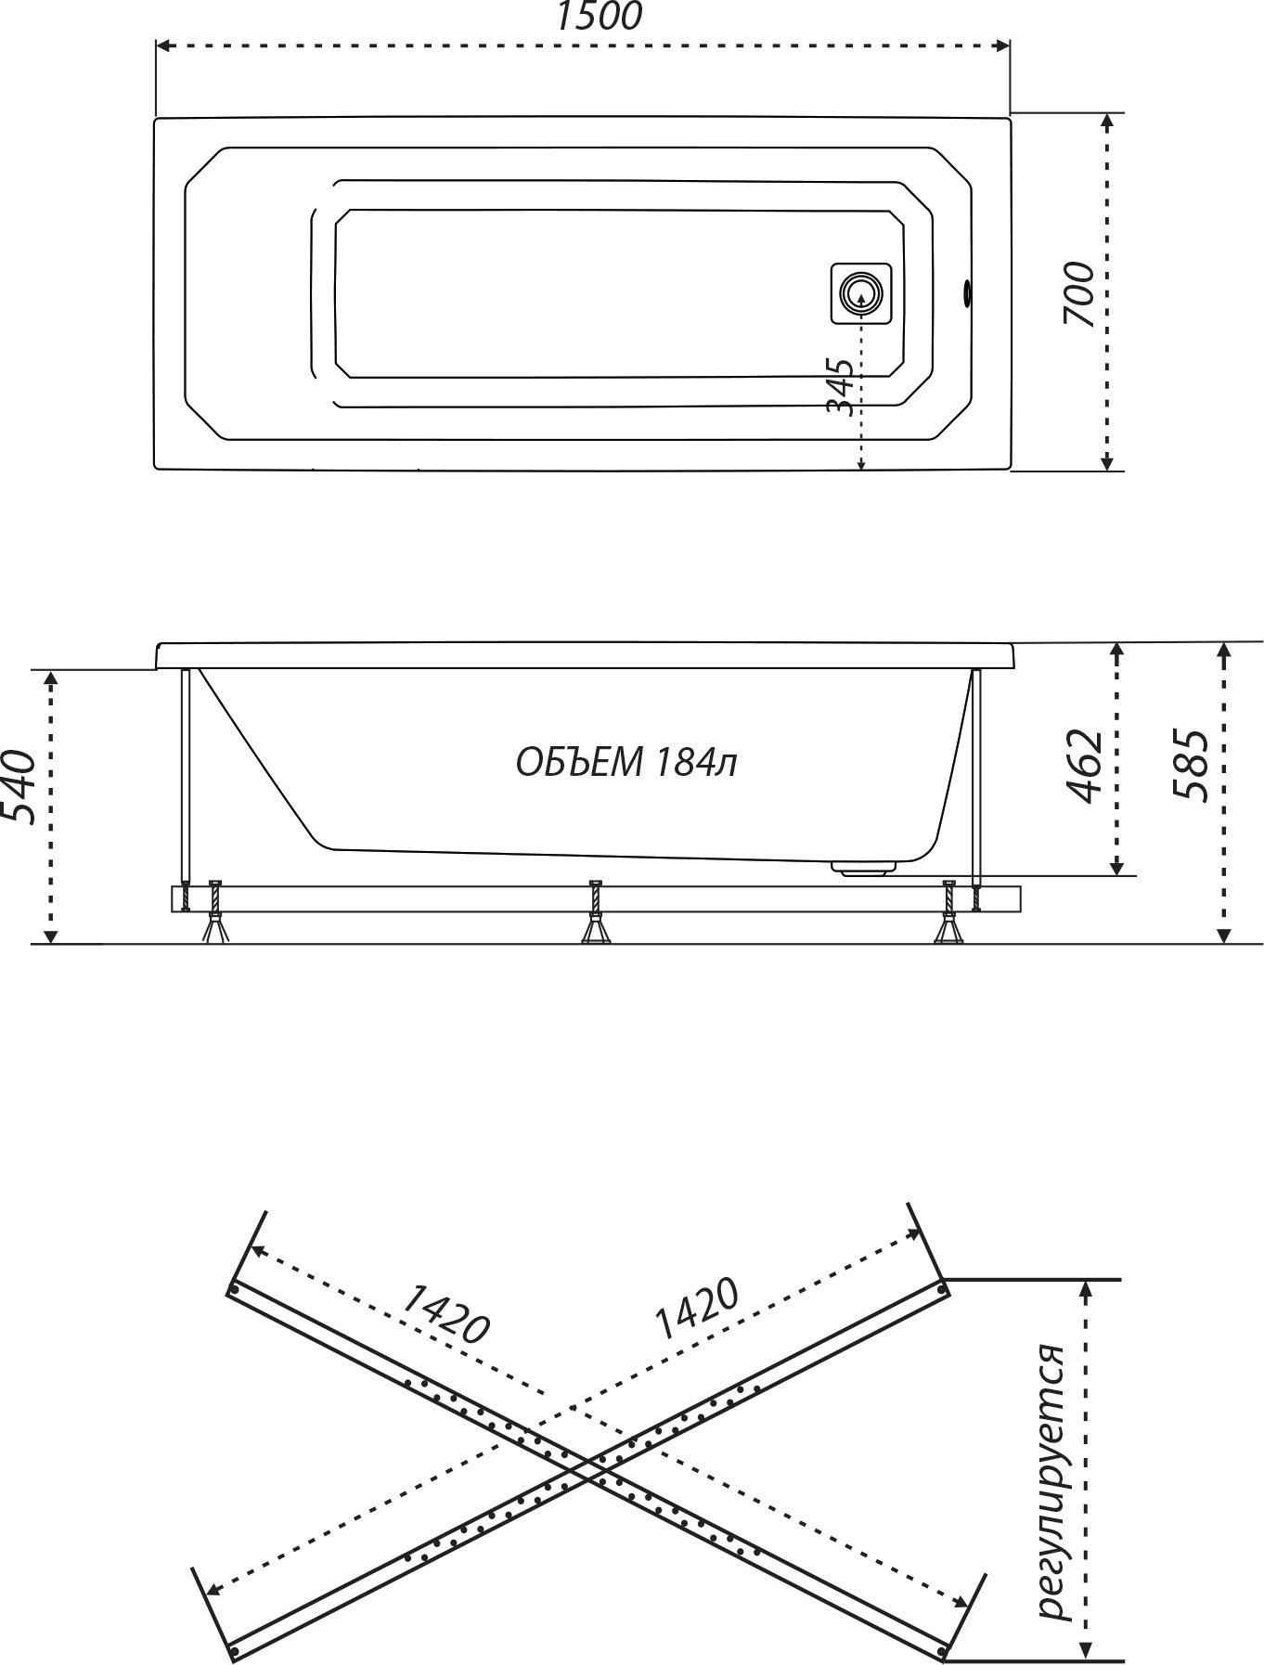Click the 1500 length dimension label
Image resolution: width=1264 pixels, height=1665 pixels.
click(599, 16)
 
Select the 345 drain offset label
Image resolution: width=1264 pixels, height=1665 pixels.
click(839, 388)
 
